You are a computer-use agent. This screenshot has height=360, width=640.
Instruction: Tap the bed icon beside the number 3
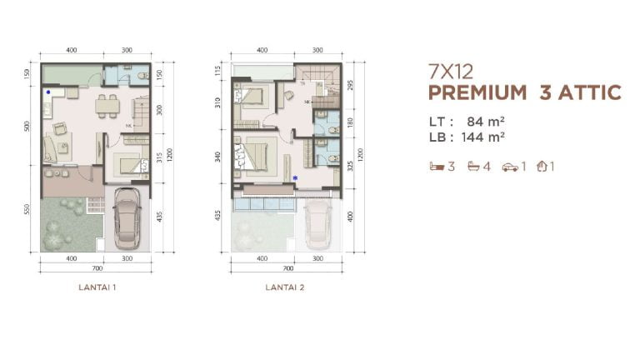(x=436, y=166)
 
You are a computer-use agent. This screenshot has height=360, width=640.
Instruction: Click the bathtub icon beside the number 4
(x=475, y=166)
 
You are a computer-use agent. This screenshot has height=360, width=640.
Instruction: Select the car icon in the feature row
(x=510, y=167)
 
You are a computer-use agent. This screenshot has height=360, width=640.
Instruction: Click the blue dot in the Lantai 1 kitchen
(x=49, y=92)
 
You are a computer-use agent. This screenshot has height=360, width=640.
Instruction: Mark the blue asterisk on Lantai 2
(x=295, y=177)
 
